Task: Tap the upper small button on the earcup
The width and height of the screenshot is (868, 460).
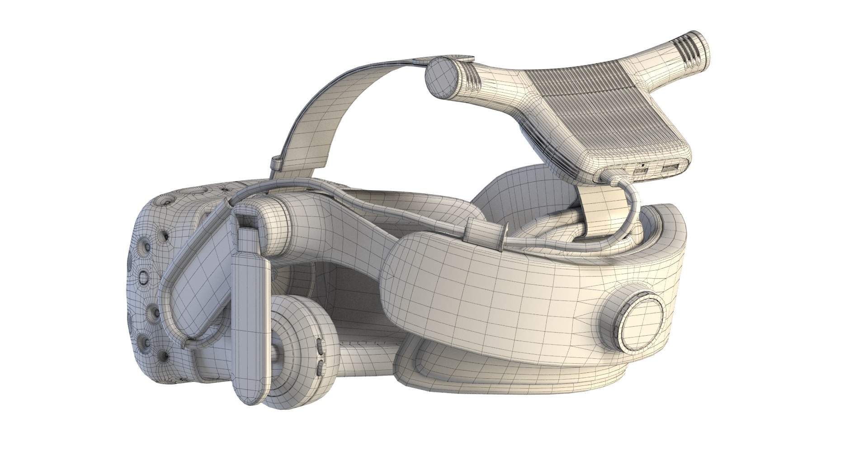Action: [x=321, y=347]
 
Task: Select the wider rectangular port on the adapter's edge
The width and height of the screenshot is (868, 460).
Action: [x=669, y=169]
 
